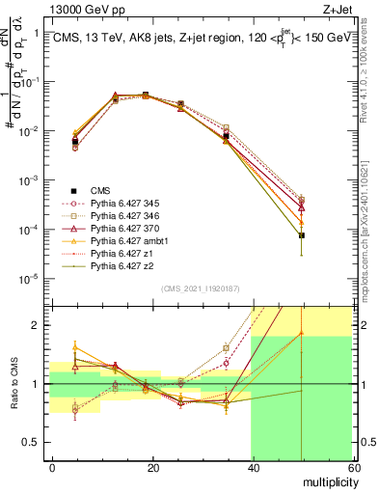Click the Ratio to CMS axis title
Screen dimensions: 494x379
14,384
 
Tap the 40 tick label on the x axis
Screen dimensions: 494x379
251,467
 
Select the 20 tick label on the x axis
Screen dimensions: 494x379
152,467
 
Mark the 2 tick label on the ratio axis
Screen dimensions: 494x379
35,325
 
